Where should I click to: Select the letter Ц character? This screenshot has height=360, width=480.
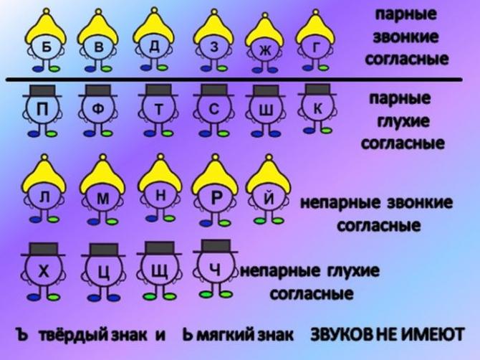pyautogui.click(x=102, y=273)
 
